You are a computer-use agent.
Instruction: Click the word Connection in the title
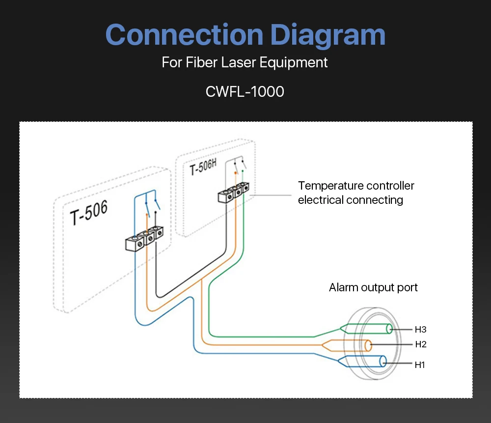point(184,34)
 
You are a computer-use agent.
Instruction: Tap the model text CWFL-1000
point(245,92)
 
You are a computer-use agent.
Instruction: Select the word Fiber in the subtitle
point(201,62)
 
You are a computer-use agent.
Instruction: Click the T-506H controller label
point(203,167)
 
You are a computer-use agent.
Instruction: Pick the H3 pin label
point(421,329)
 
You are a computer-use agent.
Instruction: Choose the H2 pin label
point(421,344)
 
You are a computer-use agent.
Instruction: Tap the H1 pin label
point(420,365)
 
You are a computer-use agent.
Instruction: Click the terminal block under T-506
point(144,239)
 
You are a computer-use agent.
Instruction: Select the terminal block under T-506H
point(234,192)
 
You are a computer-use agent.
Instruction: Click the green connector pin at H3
point(366,329)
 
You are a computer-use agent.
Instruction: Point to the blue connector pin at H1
point(362,361)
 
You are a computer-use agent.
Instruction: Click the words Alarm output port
point(373,287)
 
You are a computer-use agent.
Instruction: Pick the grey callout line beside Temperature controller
point(271,195)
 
